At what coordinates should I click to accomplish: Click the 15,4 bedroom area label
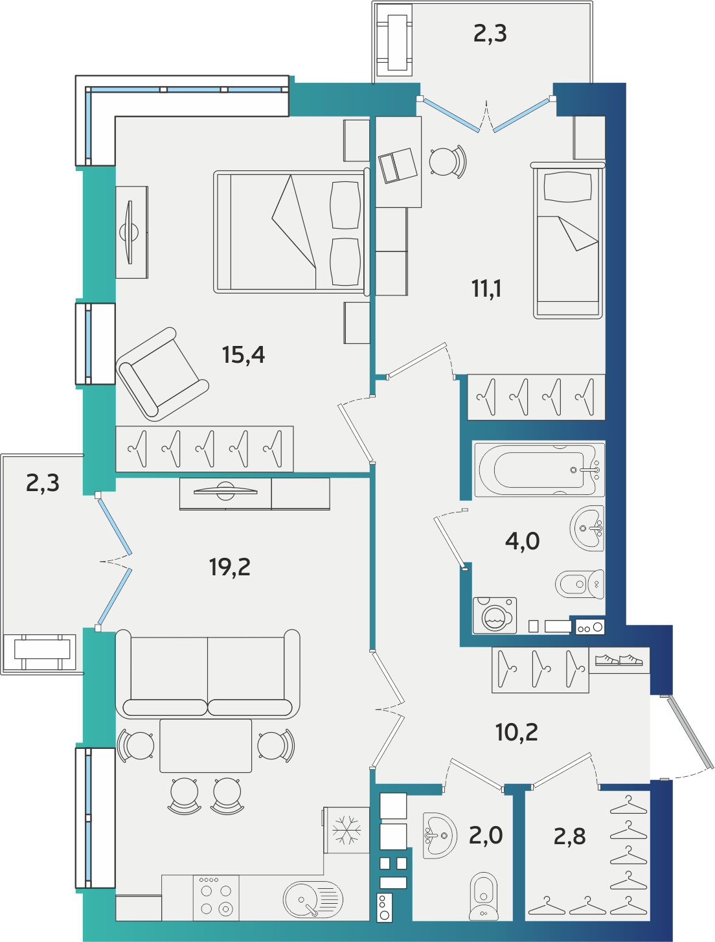244,355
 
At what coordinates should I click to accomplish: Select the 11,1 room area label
486,288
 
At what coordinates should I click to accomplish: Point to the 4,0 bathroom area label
522,541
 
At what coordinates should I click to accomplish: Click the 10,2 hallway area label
516,732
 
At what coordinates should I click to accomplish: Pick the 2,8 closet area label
569,836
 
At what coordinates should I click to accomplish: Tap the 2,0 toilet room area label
486,836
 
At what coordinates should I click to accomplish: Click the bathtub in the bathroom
539,470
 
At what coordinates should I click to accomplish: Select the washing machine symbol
495,615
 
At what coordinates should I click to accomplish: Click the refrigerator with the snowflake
346,830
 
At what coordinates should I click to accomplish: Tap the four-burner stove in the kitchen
216,898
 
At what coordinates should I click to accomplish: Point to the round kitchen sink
313,899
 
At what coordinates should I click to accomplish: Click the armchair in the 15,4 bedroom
162,374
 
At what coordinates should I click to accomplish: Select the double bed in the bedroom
291,232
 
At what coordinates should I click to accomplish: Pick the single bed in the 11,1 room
568,240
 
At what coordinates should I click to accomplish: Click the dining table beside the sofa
205,746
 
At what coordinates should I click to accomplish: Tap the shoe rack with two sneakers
619,660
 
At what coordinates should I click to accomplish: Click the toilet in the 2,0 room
483,896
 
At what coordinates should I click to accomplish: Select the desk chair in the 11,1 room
448,162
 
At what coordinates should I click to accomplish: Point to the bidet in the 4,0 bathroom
580,584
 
